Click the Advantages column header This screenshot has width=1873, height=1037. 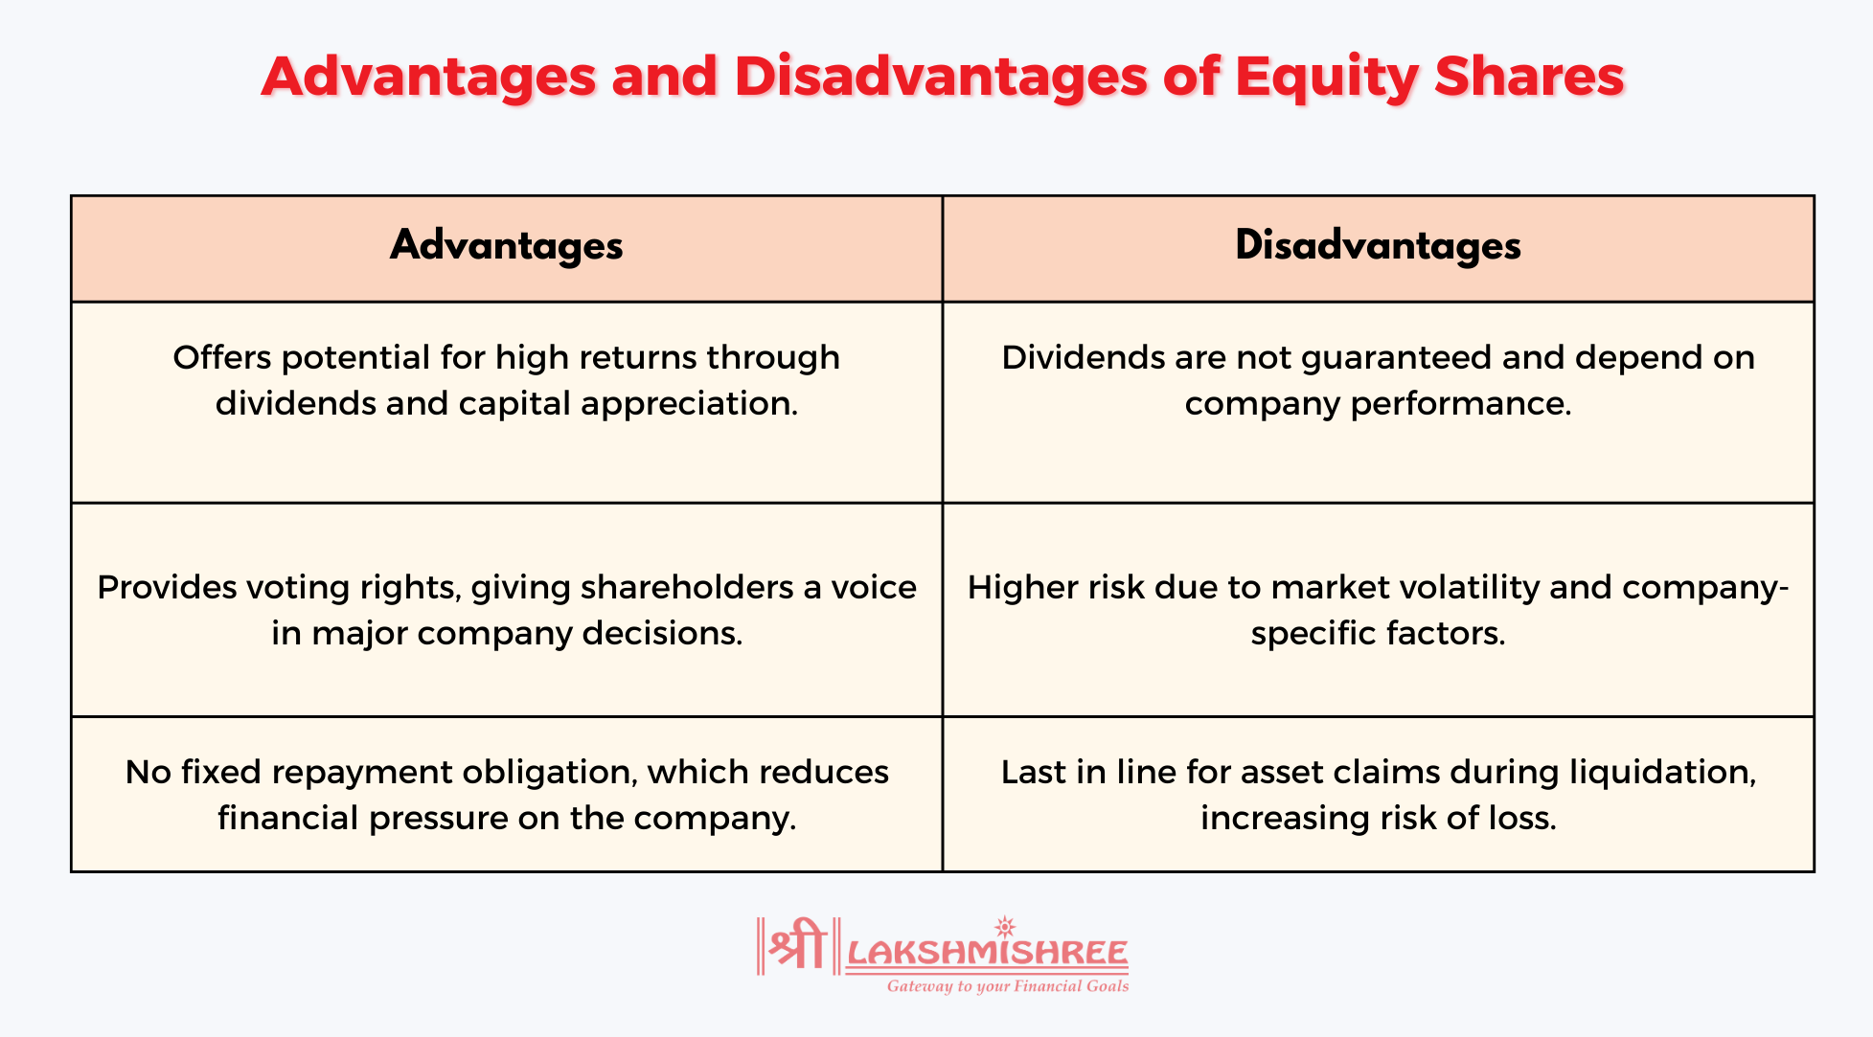[506, 246]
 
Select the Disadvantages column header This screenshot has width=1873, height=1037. [1378, 246]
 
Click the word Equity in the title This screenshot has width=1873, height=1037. [1326, 77]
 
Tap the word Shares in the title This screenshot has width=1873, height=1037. [1529, 77]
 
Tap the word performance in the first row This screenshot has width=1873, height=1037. [1461, 404]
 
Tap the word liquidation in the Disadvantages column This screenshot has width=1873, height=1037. [1661, 772]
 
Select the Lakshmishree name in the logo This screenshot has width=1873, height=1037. [987, 954]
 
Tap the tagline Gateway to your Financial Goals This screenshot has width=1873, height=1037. [1007, 986]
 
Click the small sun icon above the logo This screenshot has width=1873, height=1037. [1004, 926]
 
